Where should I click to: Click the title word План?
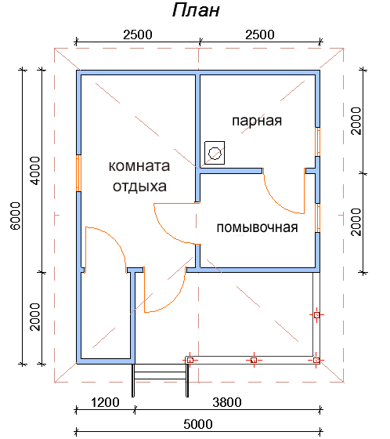196,10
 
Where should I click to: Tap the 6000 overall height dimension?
15,216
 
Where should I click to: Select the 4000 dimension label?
35,171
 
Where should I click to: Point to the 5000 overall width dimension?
198,424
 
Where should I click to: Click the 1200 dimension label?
105,402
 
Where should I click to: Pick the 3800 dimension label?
227,402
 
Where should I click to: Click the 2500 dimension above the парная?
260,34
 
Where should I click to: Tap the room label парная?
257,121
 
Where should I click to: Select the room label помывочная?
257,227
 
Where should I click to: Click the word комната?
139,165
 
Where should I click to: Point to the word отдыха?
139,187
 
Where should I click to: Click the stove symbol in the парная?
215,153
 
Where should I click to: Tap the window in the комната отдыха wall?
78,173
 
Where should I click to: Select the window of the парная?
317,142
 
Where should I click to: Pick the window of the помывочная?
317,218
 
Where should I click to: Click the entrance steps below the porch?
161,380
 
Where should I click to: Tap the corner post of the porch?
316,360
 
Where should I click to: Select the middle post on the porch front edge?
254,360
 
